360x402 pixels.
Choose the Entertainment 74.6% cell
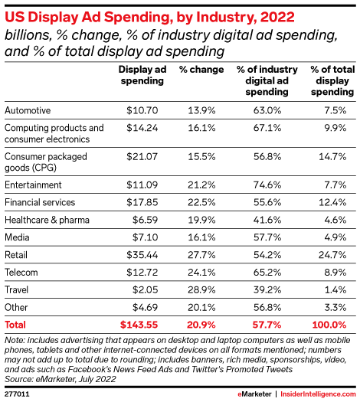pos(270,185)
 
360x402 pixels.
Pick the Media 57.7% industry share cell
pos(270,236)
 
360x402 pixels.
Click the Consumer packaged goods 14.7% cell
pos(334,156)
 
